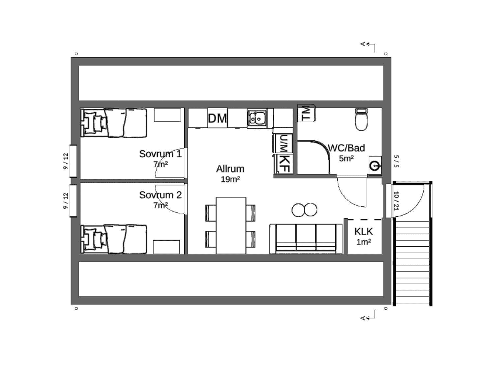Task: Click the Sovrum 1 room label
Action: pos(160,154)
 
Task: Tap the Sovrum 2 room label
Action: pos(160,195)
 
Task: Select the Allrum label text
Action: pos(230,168)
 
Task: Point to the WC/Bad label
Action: pos(347,148)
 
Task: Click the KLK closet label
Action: pos(363,232)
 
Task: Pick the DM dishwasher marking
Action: pos(217,118)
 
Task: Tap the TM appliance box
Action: pos(306,113)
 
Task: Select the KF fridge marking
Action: pos(284,164)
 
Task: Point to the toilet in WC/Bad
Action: pos(361,119)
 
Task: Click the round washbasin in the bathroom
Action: pos(375,165)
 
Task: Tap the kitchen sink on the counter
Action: pos(257,118)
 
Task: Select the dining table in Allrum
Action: pos(231,225)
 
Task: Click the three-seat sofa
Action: pos(306,239)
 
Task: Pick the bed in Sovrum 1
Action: pos(114,123)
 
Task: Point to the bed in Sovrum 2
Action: pos(114,239)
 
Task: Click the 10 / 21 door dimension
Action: pos(396,201)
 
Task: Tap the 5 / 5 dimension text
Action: pos(396,161)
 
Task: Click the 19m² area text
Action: pos(230,179)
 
